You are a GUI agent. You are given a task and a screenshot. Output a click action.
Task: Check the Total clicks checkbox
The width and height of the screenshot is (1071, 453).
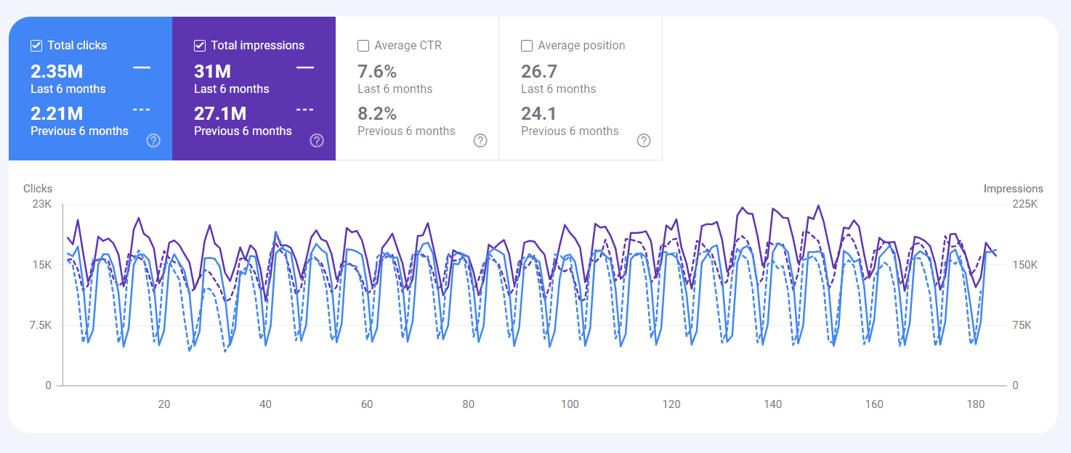[36, 46]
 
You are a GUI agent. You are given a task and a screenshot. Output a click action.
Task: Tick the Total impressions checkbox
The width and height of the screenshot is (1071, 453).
[200, 46]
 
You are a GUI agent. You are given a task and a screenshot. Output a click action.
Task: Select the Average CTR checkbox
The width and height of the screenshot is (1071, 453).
[363, 46]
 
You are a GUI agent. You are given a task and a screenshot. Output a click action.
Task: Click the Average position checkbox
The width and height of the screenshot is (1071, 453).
[527, 46]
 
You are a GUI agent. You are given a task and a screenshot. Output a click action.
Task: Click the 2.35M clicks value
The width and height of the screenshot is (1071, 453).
[57, 71]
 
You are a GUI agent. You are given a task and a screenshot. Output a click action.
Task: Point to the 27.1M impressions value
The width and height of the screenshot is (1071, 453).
[220, 113]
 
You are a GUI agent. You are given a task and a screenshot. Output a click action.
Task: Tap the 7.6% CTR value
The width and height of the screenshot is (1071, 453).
[377, 71]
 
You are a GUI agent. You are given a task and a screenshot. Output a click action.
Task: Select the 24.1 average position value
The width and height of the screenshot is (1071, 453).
[538, 113]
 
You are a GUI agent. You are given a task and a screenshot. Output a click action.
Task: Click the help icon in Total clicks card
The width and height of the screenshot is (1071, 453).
[153, 141]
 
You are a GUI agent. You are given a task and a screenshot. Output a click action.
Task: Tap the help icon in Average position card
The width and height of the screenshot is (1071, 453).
[644, 141]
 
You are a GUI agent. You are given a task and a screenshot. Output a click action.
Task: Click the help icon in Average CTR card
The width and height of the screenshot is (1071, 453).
[480, 141]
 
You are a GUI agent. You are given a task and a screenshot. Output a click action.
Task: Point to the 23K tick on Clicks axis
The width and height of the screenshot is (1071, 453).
[42, 204]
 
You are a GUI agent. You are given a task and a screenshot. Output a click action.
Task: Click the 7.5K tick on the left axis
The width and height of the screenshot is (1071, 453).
[40, 325]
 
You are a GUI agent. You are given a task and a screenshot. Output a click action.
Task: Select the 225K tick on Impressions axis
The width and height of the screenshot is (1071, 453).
[1024, 204]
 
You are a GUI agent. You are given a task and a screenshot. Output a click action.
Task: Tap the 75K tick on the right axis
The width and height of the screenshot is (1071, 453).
[1022, 325]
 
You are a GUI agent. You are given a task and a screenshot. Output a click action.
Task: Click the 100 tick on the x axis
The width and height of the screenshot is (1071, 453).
[570, 404]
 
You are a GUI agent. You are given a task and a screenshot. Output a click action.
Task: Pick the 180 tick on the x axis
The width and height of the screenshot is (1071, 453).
[976, 404]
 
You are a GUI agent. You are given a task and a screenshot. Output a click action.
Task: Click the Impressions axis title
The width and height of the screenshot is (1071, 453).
[1013, 189]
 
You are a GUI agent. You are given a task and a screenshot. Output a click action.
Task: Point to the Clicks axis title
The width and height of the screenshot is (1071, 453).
[38, 189]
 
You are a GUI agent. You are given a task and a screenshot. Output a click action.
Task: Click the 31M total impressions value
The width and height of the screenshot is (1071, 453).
[212, 71]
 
